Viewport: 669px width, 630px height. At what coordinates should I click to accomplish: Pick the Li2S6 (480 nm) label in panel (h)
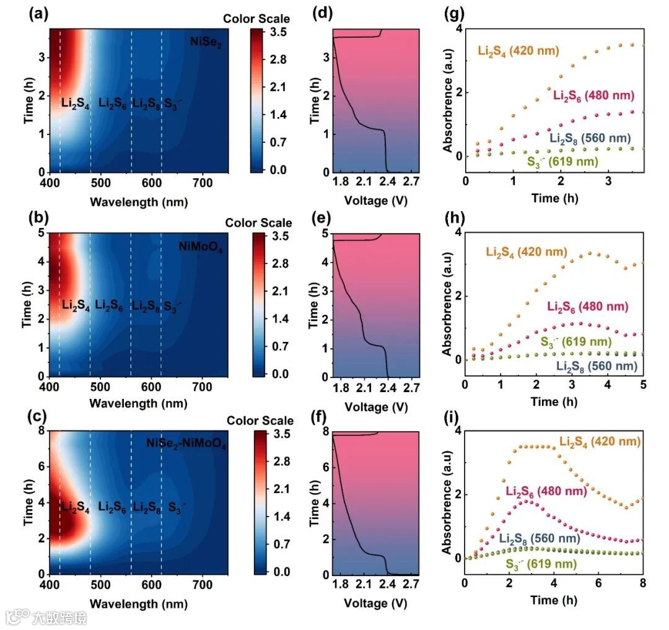click(588, 306)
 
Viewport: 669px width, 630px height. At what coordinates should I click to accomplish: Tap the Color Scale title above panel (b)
click(258, 223)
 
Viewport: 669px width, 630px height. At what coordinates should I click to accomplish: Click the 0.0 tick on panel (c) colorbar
click(281, 571)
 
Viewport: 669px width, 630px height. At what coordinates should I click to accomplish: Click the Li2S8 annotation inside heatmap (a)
click(147, 103)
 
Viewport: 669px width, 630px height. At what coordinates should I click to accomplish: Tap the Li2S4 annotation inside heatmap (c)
click(76, 508)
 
